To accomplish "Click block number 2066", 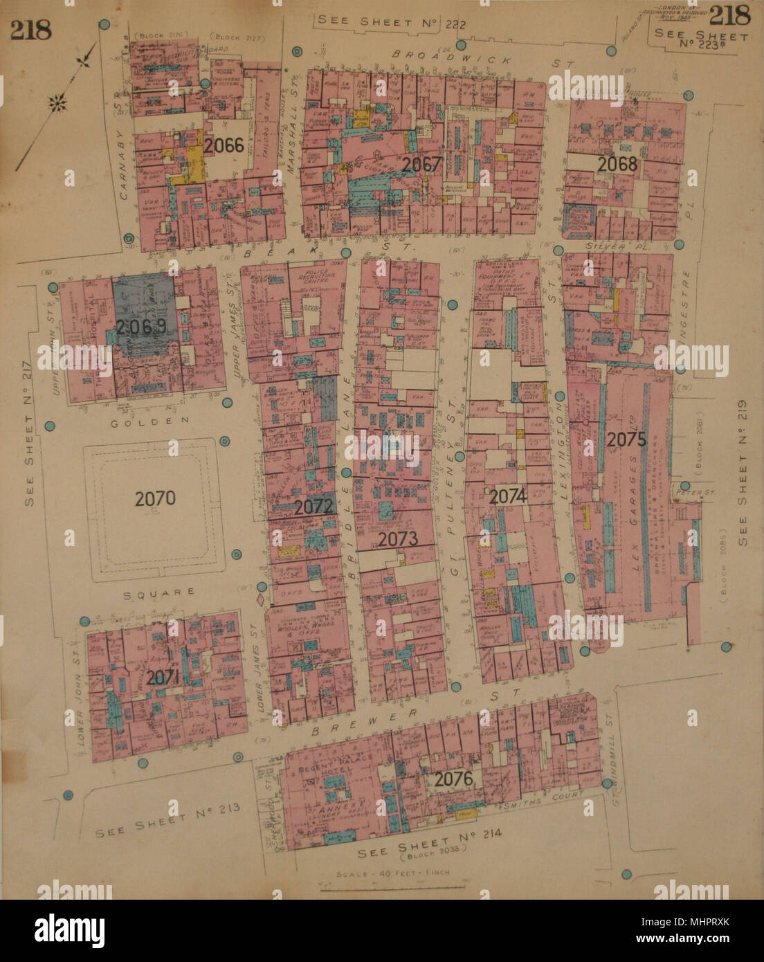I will [x=224, y=146].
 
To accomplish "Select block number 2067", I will [x=421, y=165].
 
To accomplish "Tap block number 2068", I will [x=617, y=164].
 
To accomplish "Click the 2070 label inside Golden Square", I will [x=156, y=498].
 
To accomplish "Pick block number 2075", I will [x=626, y=439].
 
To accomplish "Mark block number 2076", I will [x=453, y=779].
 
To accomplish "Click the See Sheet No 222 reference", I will [x=391, y=23].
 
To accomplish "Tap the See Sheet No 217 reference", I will [x=31, y=460].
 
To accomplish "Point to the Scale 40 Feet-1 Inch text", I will [x=392, y=873].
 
